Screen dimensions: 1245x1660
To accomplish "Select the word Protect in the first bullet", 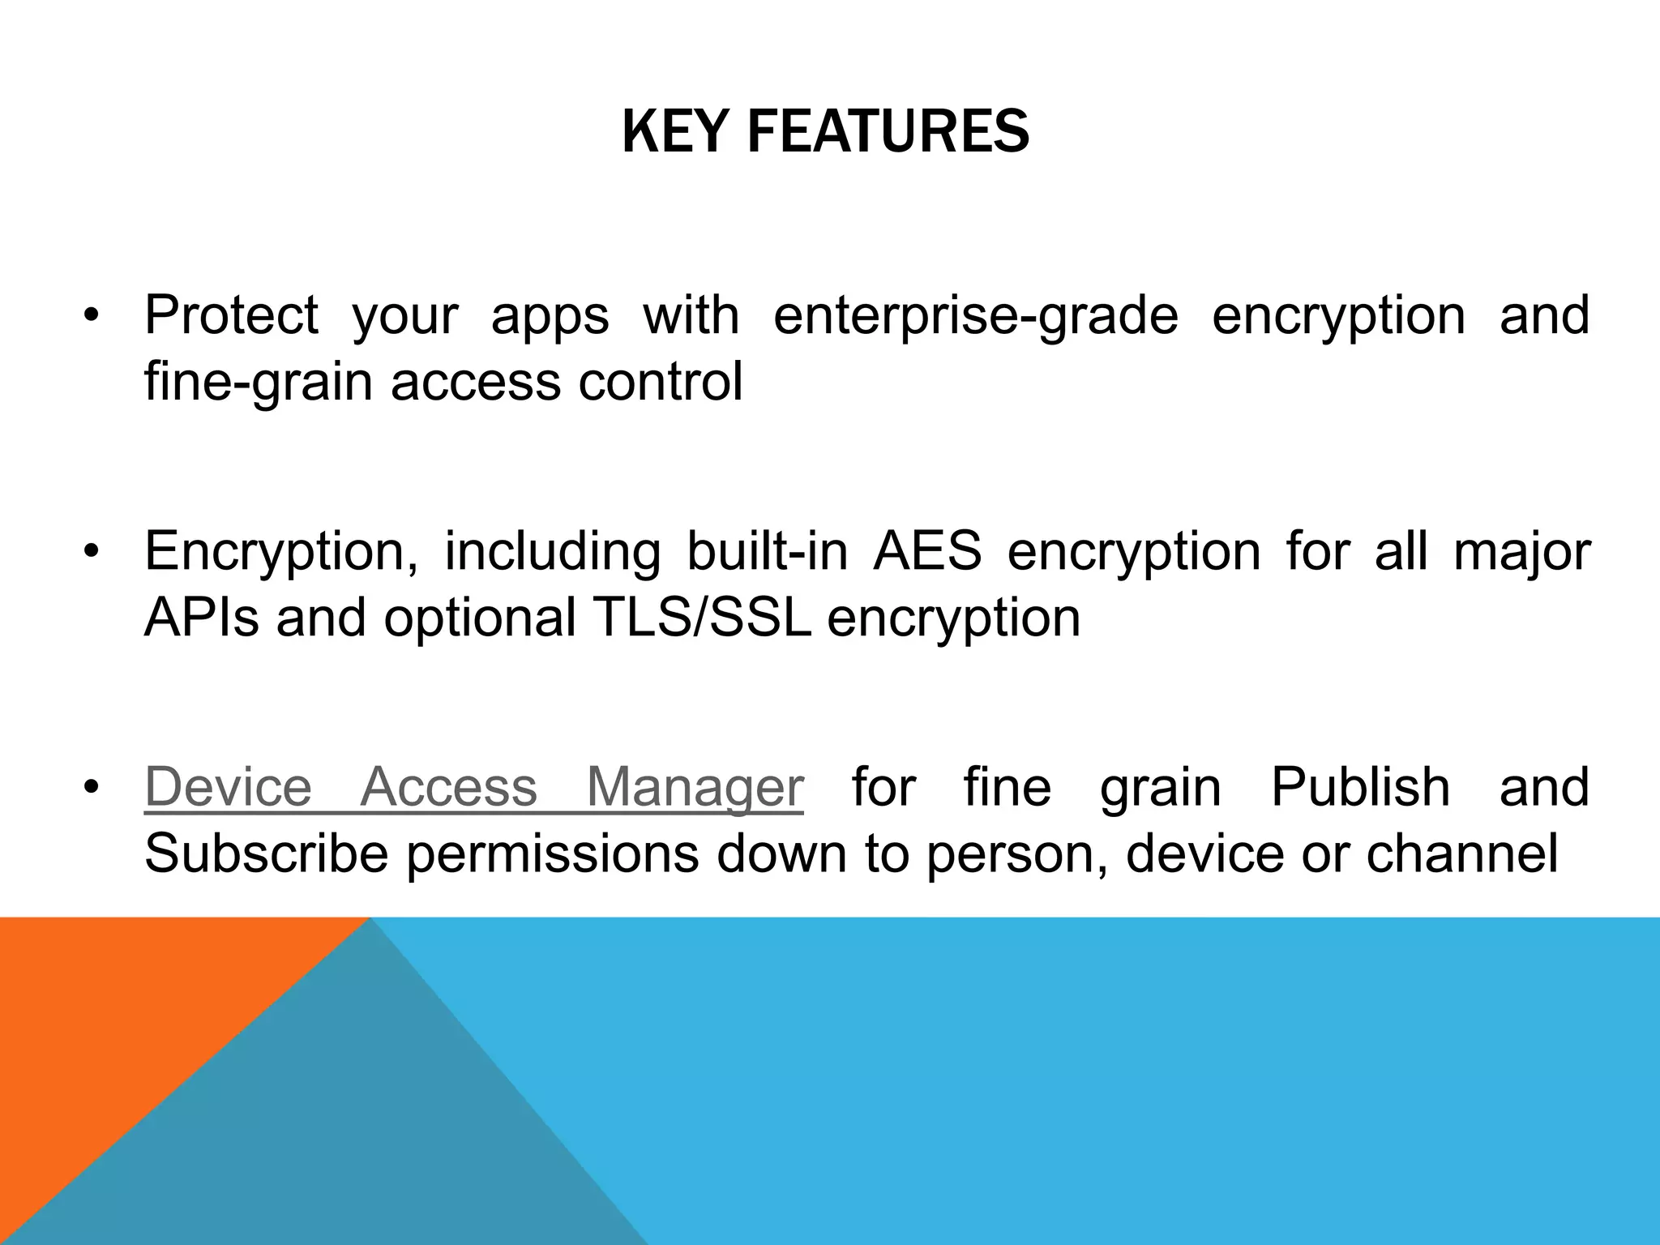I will click(x=231, y=315).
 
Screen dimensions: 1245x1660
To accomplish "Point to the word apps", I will click(x=550, y=317).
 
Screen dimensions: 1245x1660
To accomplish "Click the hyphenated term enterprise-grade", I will click(x=975, y=317).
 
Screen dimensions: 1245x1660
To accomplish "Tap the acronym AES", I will click(x=927, y=552).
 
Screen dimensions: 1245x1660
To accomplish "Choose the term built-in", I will click(x=767, y=552).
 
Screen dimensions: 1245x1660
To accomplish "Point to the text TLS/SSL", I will click(x=702, y=618).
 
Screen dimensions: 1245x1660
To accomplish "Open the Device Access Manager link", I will click(x=474, y=787).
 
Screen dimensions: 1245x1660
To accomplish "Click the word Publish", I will click(x=1360, y=787).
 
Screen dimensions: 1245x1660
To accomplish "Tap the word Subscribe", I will click(x=266, y=854).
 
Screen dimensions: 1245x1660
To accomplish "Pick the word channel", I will click(x=1461, y=854).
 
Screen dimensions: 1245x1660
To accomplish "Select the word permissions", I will click(x=552, y=855).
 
